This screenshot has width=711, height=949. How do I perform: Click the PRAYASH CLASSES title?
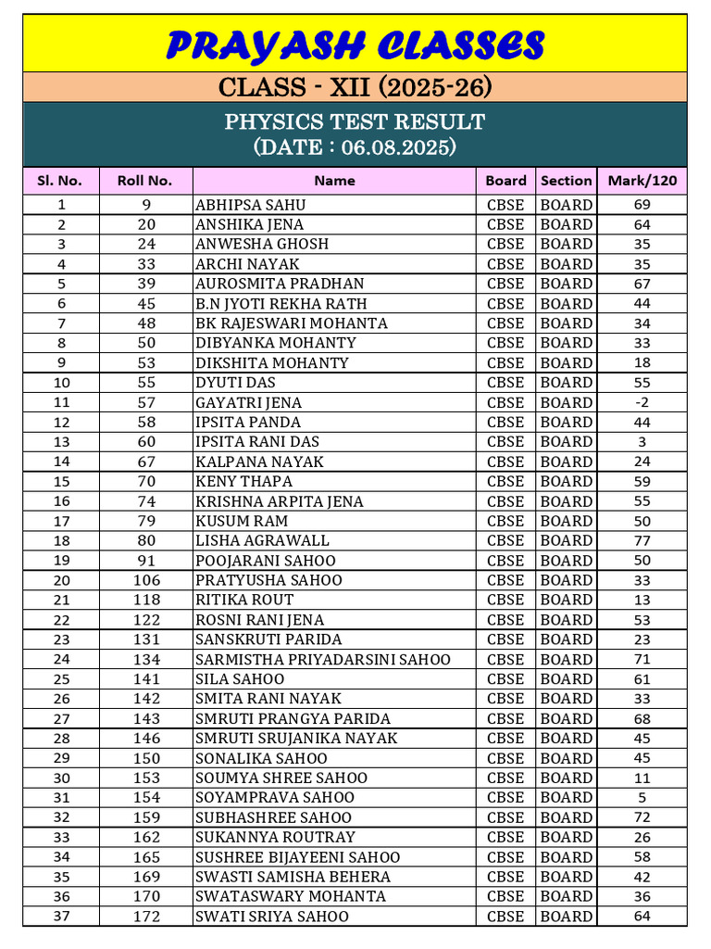[x=355, y=44]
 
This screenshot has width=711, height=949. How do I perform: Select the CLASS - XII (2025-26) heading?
[x=355, y=87]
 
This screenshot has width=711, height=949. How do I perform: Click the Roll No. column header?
[x=144, y=181]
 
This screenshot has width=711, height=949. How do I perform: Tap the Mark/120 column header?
[x=642, y=181]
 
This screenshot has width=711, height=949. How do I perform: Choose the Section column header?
[x=566, y=181]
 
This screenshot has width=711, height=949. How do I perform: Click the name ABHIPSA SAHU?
[x=250, y=205]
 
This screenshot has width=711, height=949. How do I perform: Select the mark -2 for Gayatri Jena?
[x=642, y=402]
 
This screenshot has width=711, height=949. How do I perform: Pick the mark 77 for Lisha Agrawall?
[x=642, y=540]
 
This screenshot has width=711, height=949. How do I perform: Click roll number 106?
[x=146, y=580]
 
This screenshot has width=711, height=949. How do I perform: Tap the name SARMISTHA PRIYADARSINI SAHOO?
[x=323, y=659]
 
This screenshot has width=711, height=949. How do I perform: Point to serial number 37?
[x=61, y=916]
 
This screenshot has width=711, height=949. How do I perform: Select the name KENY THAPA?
[x=243, y=481]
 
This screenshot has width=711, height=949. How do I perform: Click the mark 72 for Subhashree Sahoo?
[x=642, y=817]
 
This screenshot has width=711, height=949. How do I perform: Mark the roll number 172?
[x=146, y=916]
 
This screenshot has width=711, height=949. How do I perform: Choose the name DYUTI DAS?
[x=235, y=383]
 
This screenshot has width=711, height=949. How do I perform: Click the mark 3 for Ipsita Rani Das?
[x=642, y=442]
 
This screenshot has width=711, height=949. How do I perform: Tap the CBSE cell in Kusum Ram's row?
[x=505, y=521]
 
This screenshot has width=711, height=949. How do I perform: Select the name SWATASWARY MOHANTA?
[x=290, y=896]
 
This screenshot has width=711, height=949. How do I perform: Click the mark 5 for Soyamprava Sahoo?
[x=642, y=797]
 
